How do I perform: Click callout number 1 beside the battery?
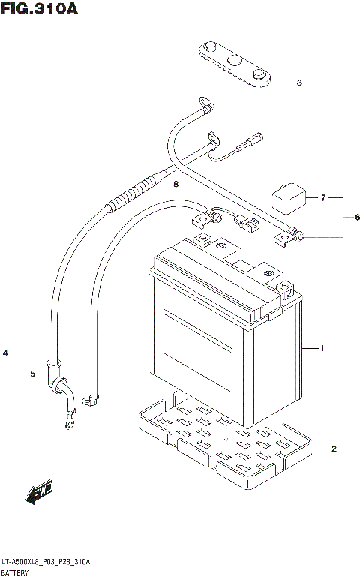(322, 349)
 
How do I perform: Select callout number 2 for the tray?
(334, 449)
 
